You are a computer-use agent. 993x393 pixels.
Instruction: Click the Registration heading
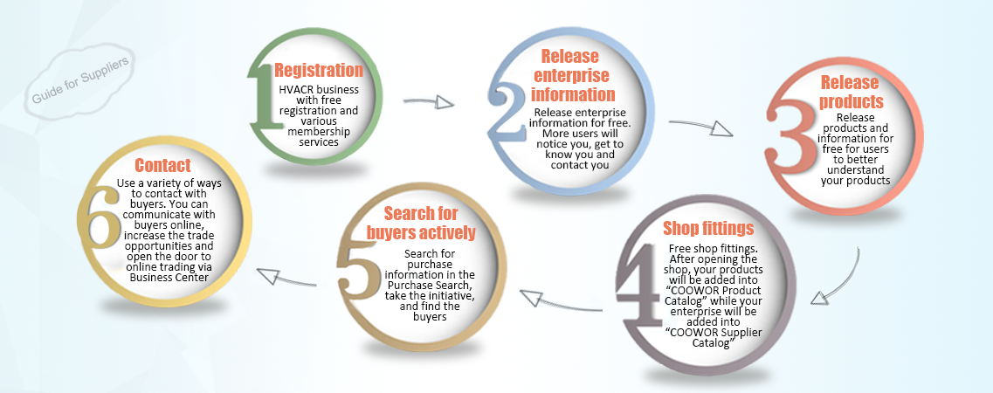[x=319, y=71]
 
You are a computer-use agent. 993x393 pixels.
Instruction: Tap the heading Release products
[x=852, y=92]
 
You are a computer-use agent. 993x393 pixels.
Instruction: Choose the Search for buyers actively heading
[x=422, y=222]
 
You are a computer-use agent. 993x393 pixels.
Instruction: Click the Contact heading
[x=162, y=165]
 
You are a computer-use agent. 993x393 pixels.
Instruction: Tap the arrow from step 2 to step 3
[x=707, y=127]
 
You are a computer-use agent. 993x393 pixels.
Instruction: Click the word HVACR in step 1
[x=296, y=89]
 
